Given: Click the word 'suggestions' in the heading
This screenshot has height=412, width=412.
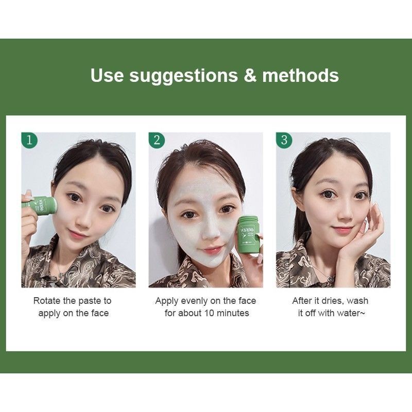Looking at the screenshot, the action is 183,76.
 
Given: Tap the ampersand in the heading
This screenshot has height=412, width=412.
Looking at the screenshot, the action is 250,75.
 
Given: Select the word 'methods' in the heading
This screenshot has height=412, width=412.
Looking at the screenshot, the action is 301,75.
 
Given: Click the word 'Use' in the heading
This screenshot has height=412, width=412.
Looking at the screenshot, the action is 107,75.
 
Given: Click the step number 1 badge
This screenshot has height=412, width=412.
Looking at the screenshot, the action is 29,140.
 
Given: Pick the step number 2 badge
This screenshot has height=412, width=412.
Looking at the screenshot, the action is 157,140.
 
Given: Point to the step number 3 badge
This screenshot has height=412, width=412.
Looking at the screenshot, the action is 284,140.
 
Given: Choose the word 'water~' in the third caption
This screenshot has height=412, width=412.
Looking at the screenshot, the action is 351,313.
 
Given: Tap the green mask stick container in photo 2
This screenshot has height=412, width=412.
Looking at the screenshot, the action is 248,234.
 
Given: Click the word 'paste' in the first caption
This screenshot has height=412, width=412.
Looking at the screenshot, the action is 89,301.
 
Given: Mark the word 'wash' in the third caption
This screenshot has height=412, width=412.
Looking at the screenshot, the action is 357,301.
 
